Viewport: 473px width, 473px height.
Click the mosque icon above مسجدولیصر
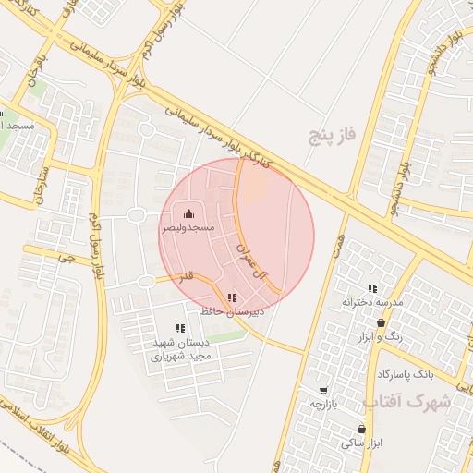[189, 214]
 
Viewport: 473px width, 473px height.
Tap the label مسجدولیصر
[189, 227]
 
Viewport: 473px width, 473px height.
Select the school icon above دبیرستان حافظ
[231, 298]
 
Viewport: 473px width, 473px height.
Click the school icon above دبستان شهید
[180, 328]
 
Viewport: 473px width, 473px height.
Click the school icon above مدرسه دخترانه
[372, 289]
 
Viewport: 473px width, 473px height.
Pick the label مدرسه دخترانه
[372, 302]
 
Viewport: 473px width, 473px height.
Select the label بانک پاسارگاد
[405, 374]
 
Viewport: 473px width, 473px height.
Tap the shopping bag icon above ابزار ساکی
[360, 430]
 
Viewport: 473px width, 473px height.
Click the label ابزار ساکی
[360, 443]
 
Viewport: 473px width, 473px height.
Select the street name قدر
[187, 276]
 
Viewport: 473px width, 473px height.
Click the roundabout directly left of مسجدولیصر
[137, 216]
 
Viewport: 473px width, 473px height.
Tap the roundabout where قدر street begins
[145, 281]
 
